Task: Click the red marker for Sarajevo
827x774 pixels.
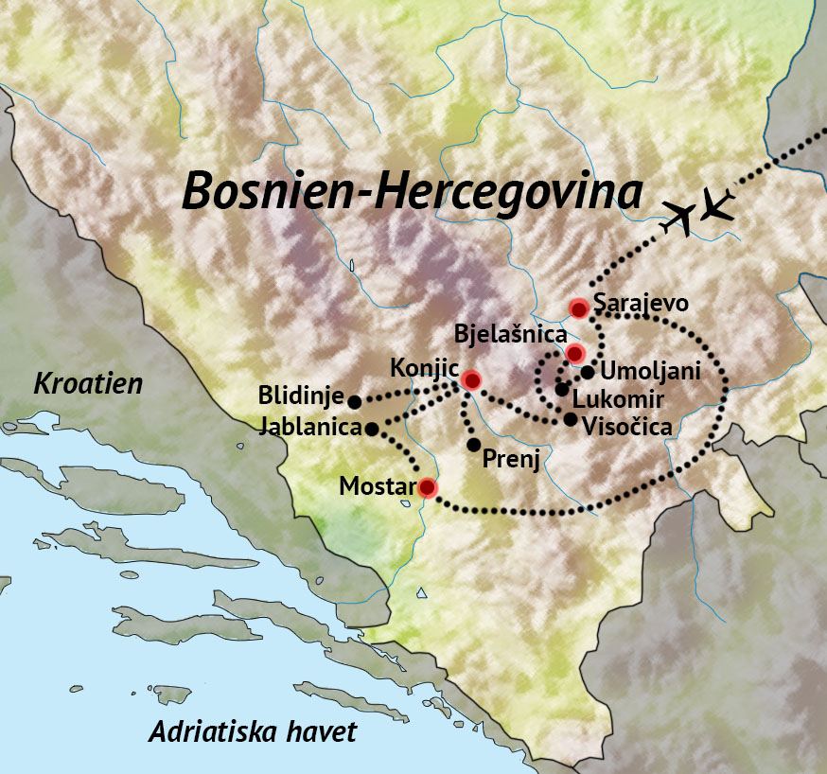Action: coord(579,308)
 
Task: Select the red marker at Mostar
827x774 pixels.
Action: coord(428,487)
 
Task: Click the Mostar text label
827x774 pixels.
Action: coord(378,487)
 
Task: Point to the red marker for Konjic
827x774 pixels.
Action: coord(471,380)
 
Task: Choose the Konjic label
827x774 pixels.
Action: coord(424,365)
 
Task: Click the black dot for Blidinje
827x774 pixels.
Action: coord(355,401)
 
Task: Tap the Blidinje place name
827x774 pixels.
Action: coord(301,394)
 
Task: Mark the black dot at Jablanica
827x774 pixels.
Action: coord(372,429)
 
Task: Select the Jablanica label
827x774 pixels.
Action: coord(309,428)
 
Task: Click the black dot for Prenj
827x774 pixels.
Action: coord(474,445)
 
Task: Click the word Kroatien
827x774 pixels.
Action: coord(88,383)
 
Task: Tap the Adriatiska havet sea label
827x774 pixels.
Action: coord(254,731)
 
